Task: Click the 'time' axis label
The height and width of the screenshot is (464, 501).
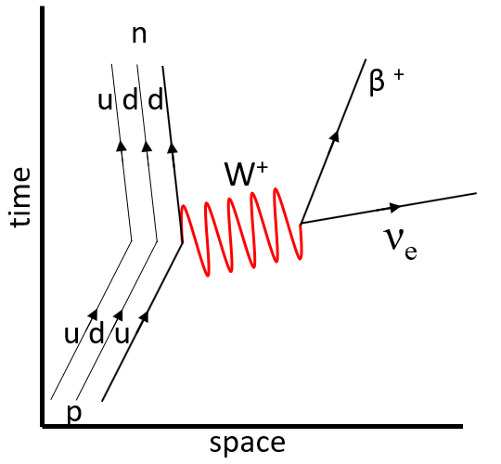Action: pyautogui.click(x=20, y=197)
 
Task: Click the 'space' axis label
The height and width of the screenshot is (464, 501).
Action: pyautogui.click(x=248, y=444)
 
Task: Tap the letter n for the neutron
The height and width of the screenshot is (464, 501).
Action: pyautogui.click(x=139, y=35)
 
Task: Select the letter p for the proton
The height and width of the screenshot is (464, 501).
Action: pyautogui.click(x=74, y=413)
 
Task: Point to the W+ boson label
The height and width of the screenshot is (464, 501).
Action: pyautogui.click(x=245, y=174)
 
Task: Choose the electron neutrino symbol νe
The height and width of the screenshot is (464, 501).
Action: pyautogui.click(x=401, y=246)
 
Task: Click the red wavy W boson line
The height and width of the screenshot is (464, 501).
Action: pyautogui.click(x=242, y=232)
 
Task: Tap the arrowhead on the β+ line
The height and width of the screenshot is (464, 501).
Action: pyautogui.click(x=335, y=135)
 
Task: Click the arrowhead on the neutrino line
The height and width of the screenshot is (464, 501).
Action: pyautogui.click(x=395, y=207)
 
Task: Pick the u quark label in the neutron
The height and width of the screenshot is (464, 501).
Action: pyautogui.click(x=105, y=101)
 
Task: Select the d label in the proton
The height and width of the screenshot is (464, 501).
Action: pyautogui.click(x=96, y=335)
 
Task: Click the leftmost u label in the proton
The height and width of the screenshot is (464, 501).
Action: pyautogui.click(x=71, y=336)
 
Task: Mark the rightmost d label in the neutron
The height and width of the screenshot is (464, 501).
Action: pyautogui.click(x=156, y=99)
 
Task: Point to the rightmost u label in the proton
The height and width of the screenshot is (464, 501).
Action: pyautogui.click(x=122, y=336)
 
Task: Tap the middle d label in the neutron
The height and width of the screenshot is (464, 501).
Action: pyautogui.click(x=130, y=99)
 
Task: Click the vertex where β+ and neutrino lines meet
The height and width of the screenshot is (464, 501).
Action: pyautogui.click(x=301, y=224)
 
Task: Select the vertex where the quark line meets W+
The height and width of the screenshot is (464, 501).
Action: pyautogui.click(x=183, y=242)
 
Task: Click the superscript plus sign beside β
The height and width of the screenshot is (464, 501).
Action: pyautogui.click(x=399, y=75)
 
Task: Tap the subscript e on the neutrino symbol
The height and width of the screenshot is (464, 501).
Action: pyautogui.click(x=411, y=252)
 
